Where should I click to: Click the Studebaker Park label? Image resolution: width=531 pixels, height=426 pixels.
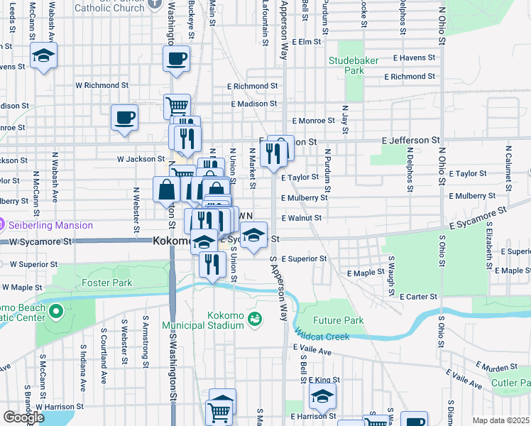(346, 66)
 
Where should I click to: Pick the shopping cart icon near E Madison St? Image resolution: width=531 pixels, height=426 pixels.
(177, 107)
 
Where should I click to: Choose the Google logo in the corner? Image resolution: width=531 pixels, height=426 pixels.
(23, 417)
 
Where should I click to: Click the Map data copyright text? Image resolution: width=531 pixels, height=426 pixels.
(500, 420)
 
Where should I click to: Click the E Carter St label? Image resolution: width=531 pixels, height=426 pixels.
(419, 296)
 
